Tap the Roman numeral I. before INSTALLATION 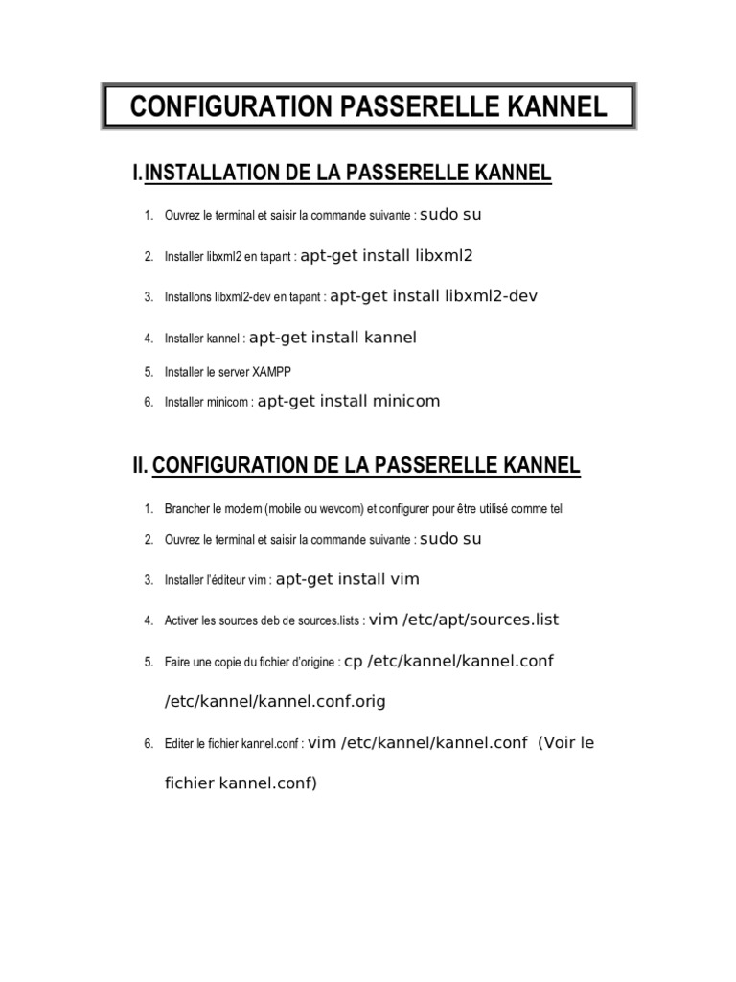click(138, 173)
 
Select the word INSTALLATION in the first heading click(211, 173)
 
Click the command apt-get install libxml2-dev click(433, 296)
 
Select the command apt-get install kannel click(333, 338)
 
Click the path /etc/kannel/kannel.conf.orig click(275, 701)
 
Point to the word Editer click(178, 744)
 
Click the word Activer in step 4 click(182, 621)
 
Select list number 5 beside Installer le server click(149, 371)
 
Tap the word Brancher click(187, 508)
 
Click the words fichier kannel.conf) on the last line click(241, 783)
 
